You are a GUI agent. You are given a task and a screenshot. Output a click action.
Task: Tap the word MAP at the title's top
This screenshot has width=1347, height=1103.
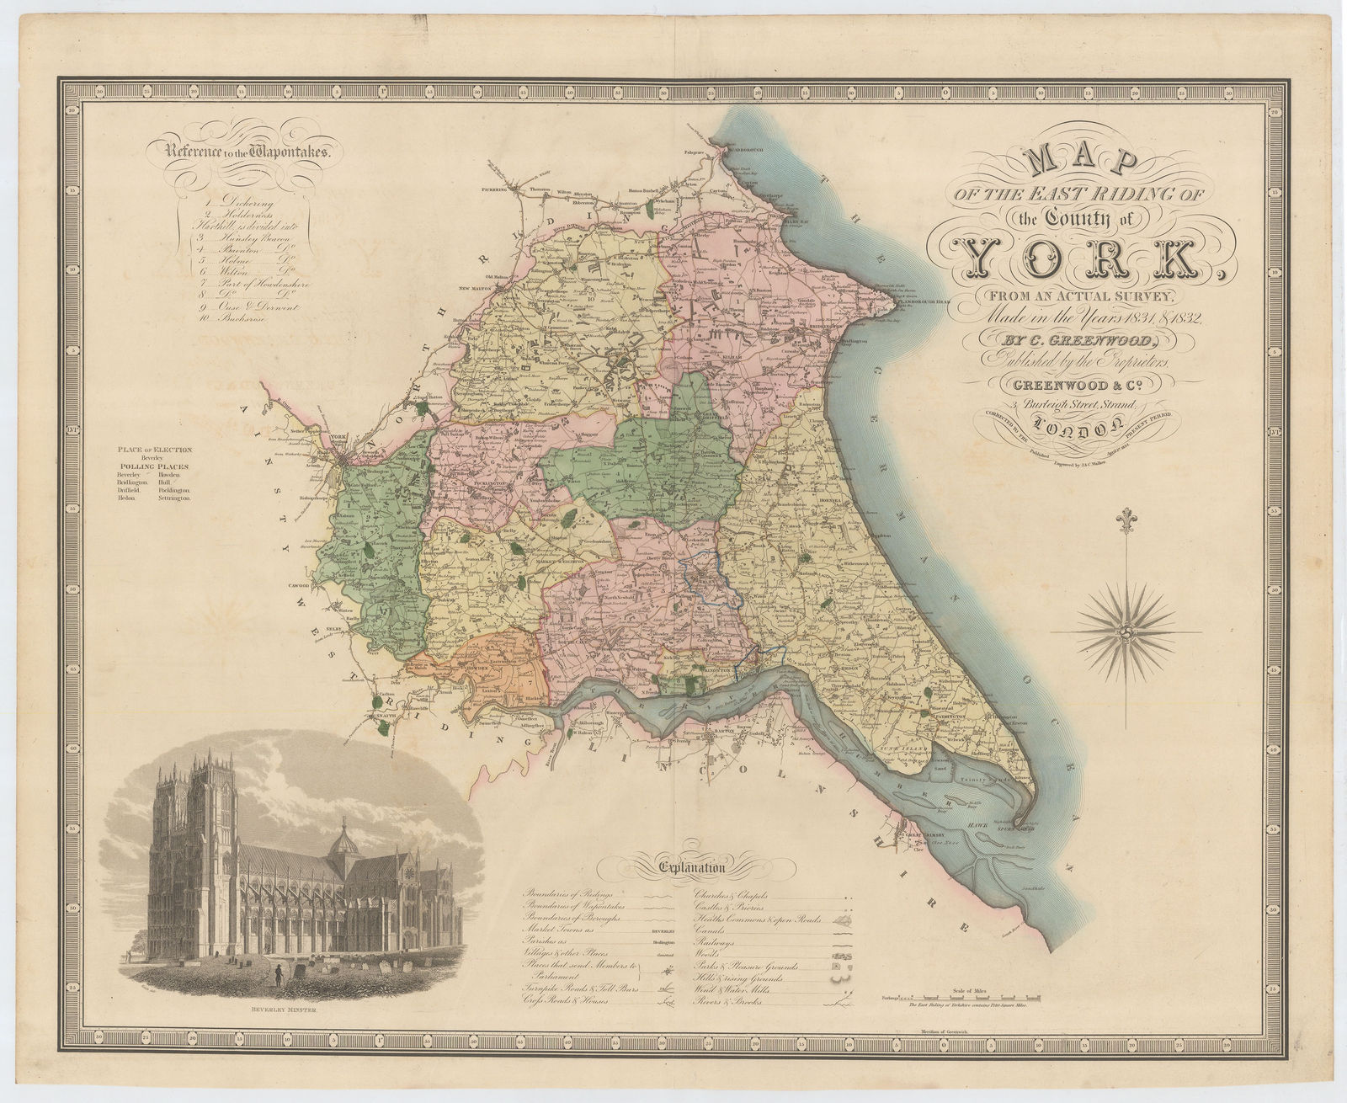[x=1083, y=162]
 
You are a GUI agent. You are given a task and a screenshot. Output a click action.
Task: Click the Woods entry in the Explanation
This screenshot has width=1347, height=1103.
[x=708, y=963]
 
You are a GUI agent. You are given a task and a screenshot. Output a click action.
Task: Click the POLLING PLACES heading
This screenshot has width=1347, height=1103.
[x=154, y=466]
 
